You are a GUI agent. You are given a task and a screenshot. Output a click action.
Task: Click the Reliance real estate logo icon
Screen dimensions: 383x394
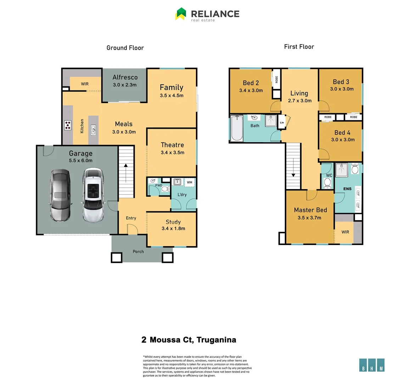click(181, 14)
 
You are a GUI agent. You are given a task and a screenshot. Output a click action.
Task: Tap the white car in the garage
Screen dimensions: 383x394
click(93, 194)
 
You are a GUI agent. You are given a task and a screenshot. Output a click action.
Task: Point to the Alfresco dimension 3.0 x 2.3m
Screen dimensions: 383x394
click(125, 85)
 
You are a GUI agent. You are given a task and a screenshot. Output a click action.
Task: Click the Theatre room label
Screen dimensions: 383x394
click(172, 145)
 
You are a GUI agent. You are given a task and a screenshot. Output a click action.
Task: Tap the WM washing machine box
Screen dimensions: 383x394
click(189, 182)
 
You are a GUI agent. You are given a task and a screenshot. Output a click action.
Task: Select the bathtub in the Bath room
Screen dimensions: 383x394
click(236, 128)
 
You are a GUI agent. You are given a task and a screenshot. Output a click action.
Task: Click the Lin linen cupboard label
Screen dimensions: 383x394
click(282, 122)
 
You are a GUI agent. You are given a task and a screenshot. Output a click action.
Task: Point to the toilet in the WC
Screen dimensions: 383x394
click(327, 183)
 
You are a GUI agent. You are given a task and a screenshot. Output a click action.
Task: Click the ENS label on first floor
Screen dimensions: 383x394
click(347, 189)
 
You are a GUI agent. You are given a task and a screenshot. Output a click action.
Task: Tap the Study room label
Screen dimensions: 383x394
click(173, 222)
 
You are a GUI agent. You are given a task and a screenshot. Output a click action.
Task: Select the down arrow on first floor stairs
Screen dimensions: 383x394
click(293, 173)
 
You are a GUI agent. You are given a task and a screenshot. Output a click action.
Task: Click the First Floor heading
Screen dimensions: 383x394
click(299, 46)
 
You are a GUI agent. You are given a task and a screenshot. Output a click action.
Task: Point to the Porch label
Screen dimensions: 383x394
click(138, 251)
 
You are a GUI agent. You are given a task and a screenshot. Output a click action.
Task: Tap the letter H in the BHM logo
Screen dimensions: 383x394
click(372, 368)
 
